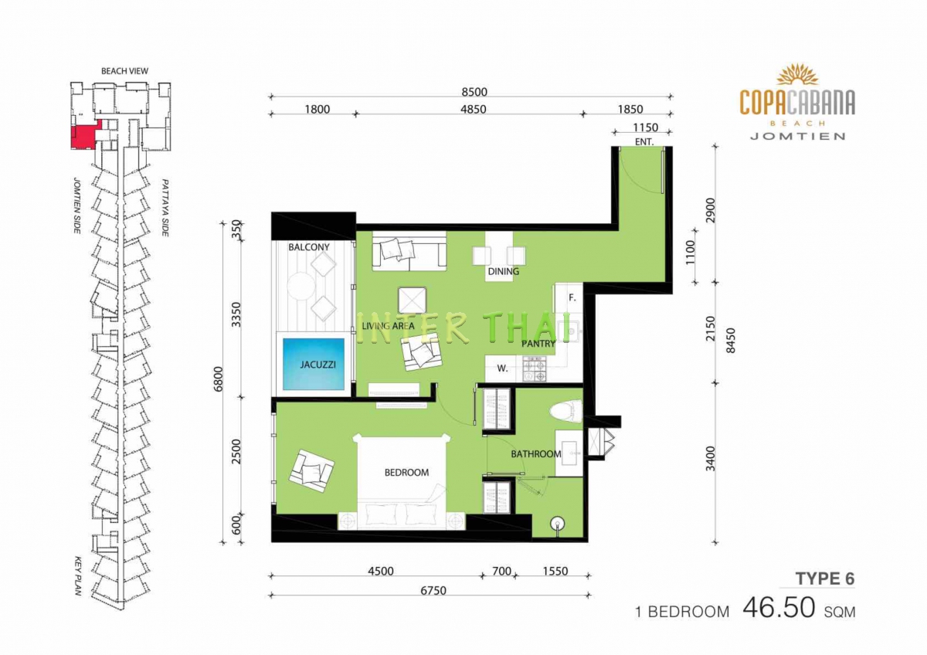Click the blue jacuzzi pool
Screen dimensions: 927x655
[x=314, y=364]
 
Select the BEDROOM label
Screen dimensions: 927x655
[x=406, y=473]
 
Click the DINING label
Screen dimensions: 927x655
[x=503, y=271]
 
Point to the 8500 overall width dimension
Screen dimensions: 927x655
[x=474, y=92]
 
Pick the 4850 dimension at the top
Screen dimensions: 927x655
[x=474, y=109]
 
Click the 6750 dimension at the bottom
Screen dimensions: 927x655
[x=433, y=590]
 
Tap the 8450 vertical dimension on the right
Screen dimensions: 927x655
[x=732, y=340]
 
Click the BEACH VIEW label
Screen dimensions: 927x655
[x=124, y=71]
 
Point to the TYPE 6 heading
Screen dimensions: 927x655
[x=825, y=579]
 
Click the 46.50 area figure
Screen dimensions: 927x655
[x=779, y=608]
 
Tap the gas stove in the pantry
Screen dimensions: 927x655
[x=535, y=369]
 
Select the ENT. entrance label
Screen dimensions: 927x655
[x=644, y=142]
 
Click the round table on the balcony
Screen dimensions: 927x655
[x=301, y=286]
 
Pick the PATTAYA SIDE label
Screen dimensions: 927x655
[x=165, y=208]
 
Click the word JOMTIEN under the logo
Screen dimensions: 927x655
[x=797, y=136]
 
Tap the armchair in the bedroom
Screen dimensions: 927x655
[x=311, y=471]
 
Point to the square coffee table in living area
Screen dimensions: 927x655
[x=413, y=300]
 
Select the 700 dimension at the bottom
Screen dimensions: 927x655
[x=501, y=572]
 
